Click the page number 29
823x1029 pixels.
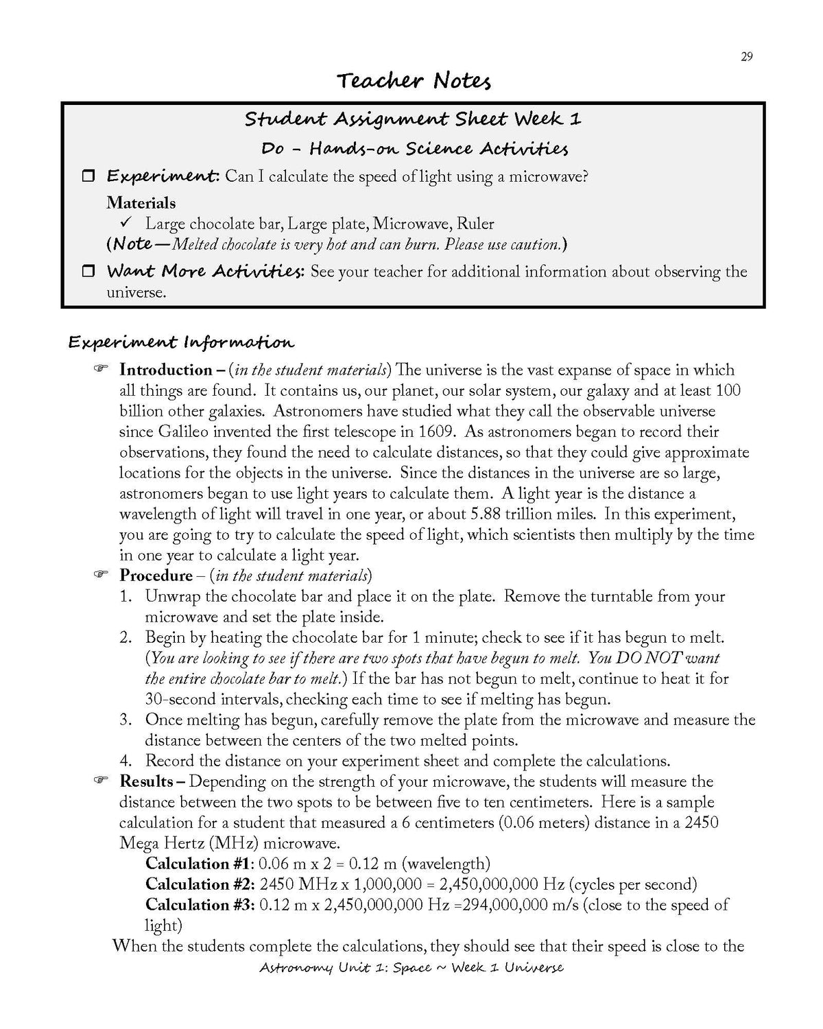point(747,56)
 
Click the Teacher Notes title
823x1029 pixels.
point(414,82)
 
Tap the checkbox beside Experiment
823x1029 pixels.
point(88,176)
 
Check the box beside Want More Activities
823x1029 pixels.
point(88,272)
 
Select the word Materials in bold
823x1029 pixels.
point(141,203)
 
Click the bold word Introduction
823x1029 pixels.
point(165,370)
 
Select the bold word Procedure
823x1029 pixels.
point(156,576)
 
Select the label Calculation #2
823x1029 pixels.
point(200,884)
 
